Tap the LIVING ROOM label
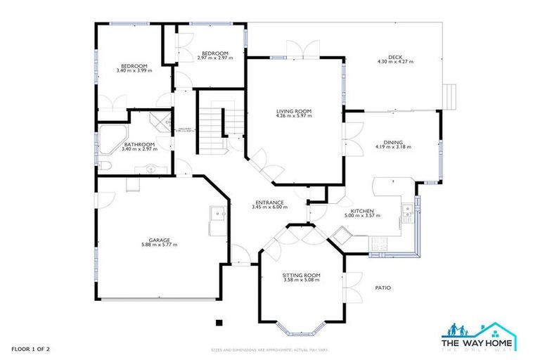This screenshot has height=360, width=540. pos(293,111)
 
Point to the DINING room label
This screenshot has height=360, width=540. pos(392,141)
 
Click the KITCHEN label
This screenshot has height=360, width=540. pos(362,211)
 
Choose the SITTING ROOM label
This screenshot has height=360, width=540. pos(301,274)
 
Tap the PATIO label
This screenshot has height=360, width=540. pos(382,288)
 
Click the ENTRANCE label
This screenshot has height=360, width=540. pos(270,202)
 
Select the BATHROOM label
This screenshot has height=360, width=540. pos(136,144)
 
